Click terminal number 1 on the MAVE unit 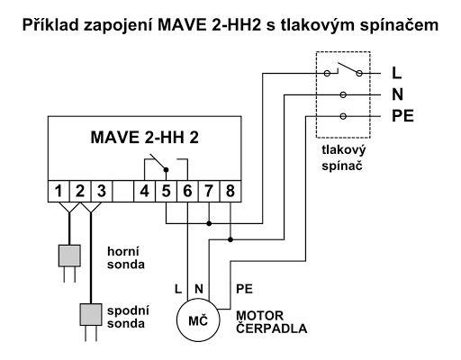click(59, 191)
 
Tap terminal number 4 click(145, 191)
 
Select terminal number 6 click(187, 191)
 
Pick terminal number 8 click(230, 191)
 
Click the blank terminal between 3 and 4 click(123, 191)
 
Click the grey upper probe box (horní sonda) click(69, 256)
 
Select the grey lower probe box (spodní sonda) click(91, 314)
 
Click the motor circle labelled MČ click(198, 320)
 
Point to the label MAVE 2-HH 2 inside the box click(145, 138)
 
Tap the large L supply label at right click(397, 73)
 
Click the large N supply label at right click(397, 94)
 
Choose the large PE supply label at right click(402, 116)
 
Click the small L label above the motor click(178, 289)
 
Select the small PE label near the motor click(244, 289)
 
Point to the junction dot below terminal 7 click(209, 223)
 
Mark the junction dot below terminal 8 click(230, 239)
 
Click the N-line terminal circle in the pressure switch click(343, 94)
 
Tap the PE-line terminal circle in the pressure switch click(343, 116)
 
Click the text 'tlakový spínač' click(344, 158)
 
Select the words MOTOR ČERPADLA click(272, 322)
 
